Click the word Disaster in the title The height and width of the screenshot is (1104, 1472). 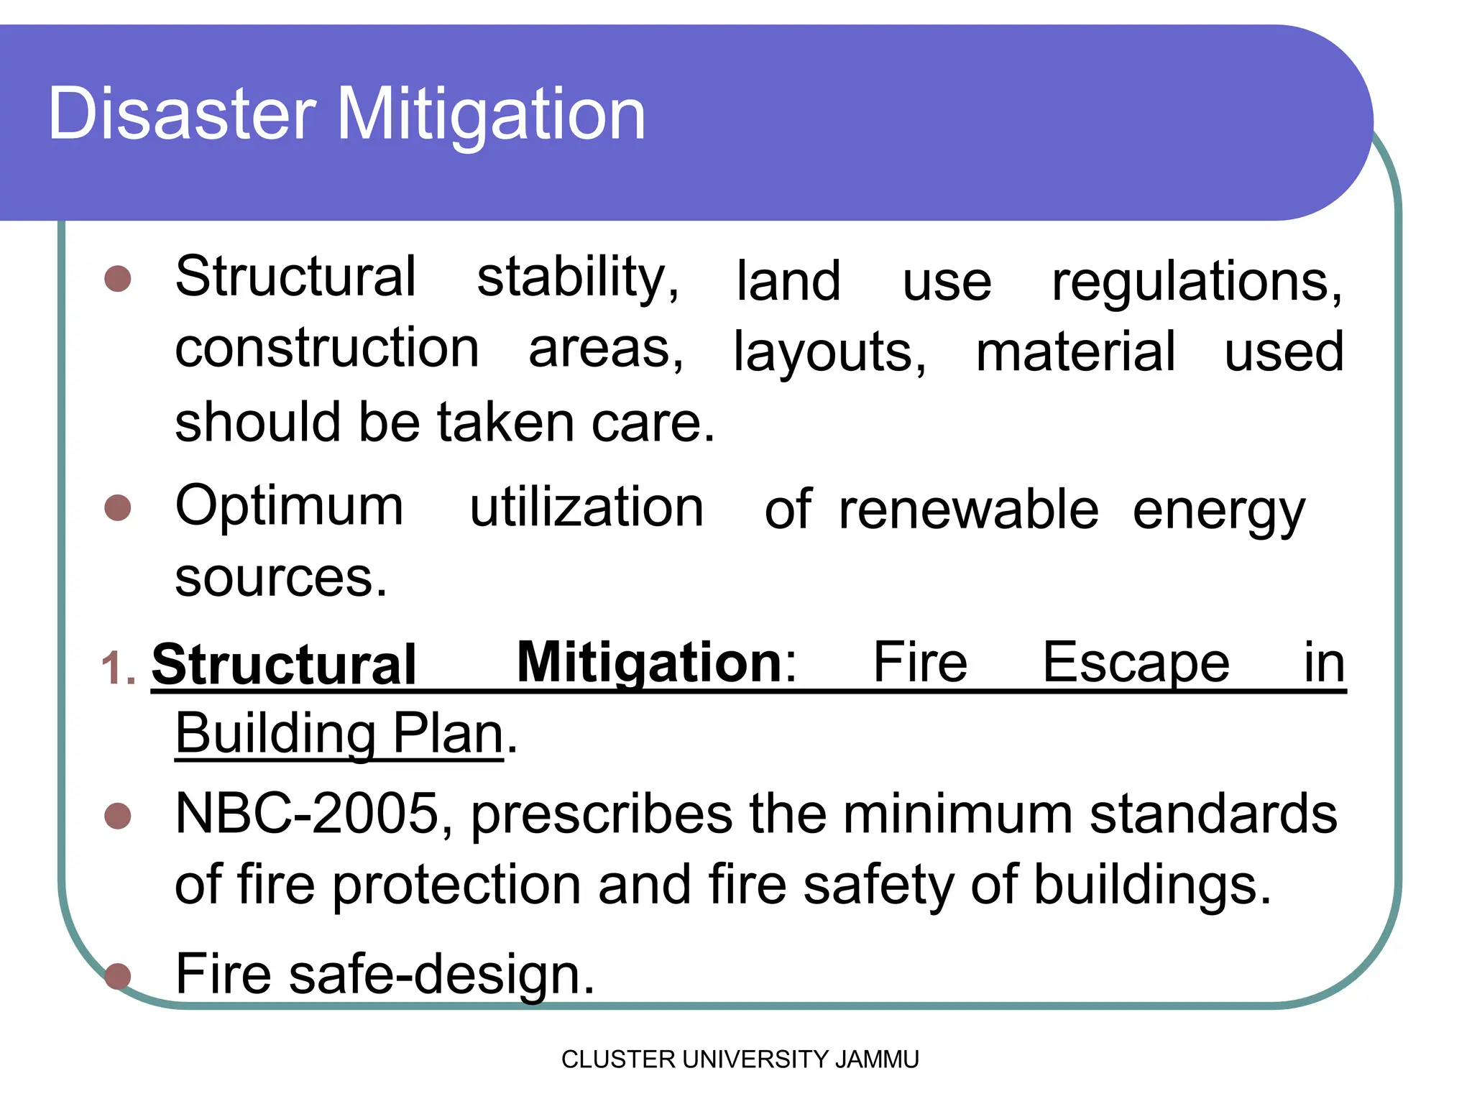182,114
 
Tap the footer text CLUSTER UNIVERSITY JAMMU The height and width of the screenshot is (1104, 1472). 740,1059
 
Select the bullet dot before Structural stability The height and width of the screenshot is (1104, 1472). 118,279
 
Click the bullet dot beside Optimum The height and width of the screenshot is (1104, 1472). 118,507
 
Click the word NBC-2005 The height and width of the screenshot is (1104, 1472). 306,814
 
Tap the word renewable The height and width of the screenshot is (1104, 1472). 968,510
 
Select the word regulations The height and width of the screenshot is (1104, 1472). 1196,282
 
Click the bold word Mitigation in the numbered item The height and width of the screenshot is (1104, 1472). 650,663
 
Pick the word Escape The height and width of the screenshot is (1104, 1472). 1136,663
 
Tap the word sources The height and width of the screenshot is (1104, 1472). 281,578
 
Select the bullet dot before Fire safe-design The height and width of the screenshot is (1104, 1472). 118,976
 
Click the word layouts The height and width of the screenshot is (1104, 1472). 829,352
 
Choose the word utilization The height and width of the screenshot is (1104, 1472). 586,507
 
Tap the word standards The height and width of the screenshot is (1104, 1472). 1213,814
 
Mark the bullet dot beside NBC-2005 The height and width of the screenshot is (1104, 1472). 118,816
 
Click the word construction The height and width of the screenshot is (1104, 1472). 327,348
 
